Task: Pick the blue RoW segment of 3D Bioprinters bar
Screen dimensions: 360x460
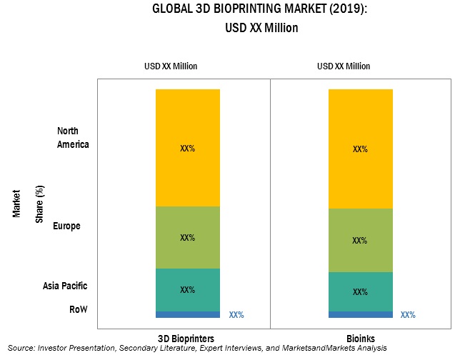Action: coord(188,314)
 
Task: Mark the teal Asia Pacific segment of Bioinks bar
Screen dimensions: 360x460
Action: coord(360,283)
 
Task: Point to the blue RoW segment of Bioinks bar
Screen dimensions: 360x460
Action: coord(360,314)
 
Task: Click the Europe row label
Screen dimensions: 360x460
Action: coord(71,226)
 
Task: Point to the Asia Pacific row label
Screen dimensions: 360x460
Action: coord(64,286)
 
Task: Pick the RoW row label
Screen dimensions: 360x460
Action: coord(78,309)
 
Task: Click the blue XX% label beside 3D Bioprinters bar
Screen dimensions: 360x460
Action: coord(236,314)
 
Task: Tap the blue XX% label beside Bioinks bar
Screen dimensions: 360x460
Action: coord(408,314)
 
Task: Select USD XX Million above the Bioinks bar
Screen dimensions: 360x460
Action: coord(343,66)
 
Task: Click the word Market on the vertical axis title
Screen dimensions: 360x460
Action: coord(16,202)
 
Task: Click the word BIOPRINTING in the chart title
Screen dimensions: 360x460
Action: coord(228,10)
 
